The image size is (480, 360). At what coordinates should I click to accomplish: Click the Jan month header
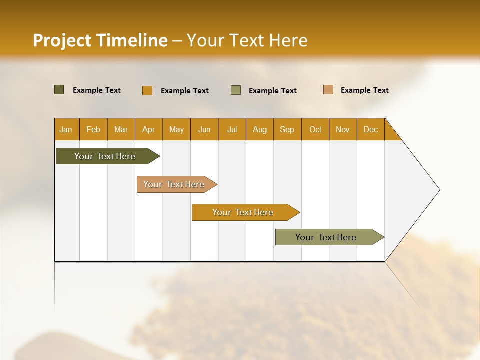[x=66, y=129]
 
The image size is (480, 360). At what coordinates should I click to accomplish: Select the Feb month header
[x=93, y=129]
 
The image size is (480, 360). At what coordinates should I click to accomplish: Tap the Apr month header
[x=148, y=129]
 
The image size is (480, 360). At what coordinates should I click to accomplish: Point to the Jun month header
[x=204, y=129]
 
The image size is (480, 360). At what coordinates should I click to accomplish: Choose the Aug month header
[x=259, y=129]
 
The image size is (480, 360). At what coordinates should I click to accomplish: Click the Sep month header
[x=287, y=129]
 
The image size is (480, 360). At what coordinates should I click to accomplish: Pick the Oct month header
[x=315, y=129]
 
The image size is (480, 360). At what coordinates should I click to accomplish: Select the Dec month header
[x=370, y=129]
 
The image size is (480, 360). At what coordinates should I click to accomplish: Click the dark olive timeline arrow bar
[x=105, y=156]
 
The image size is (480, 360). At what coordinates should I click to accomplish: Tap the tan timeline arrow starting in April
[x=174, y=184]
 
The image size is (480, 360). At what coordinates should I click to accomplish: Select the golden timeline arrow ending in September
[x=243, y=212]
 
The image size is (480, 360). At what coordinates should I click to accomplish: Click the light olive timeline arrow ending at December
[x=326, y=237]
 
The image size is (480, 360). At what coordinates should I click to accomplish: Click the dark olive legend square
[x=59, y=90]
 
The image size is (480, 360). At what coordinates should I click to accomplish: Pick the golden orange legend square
[x=147, y=90]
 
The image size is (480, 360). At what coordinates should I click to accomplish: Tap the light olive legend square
[x=235, y=90]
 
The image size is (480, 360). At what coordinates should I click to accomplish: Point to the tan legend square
[x=328, y=90]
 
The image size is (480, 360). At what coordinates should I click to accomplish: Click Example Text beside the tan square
[x=364, y=90]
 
